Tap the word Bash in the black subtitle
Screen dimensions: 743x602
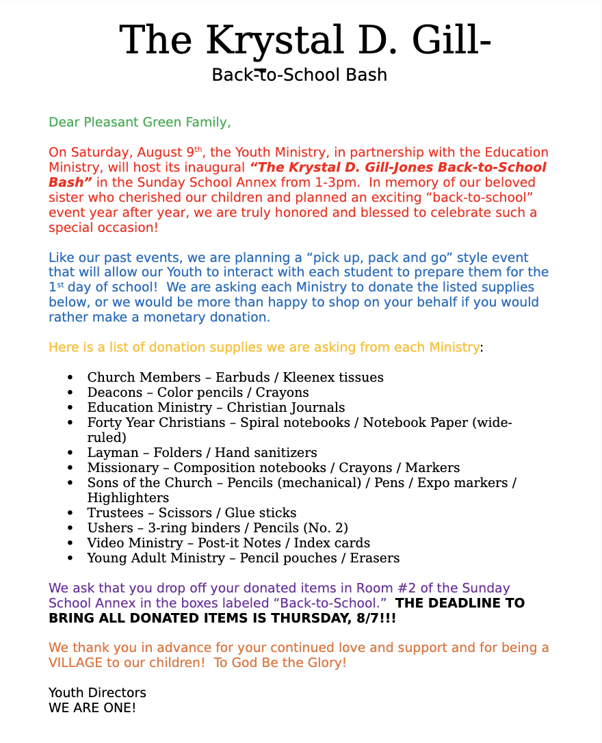(x=369, y=75)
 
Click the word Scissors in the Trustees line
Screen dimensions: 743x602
(x=185, y=513)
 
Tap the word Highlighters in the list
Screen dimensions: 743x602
(x=128, y=498)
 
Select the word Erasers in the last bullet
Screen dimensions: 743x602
(x=375, y=558)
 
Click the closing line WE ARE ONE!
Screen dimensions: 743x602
(x=92, y=707)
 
